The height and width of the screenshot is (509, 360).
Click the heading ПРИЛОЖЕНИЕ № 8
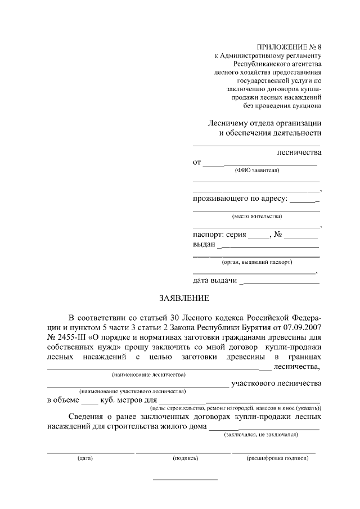tap(287, 47)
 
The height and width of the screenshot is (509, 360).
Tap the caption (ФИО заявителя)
tap(256, 170)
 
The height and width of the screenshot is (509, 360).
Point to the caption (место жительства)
tap(256, 216)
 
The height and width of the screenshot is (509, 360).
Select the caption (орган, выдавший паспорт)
tap(257, 262)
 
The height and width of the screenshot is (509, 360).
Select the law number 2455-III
tap(67, 337)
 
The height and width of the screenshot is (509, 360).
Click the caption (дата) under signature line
tap(85, 458)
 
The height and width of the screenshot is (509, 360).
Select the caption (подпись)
tap(186, 458)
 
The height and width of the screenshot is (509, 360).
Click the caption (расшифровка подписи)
tap(277, 458)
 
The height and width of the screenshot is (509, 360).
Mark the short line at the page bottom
tap(186, 479)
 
